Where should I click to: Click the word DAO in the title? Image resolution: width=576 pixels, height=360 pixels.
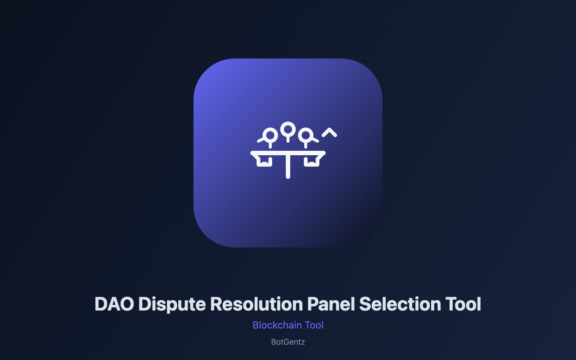(114, 304)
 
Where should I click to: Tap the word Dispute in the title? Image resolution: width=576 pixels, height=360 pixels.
(172, 305)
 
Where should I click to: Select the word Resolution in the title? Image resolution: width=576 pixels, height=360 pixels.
(256, 304)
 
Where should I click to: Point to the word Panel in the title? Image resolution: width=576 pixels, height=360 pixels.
(331, 304)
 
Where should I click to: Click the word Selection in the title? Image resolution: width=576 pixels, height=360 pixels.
(400, 304)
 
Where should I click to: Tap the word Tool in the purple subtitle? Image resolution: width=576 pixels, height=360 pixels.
(314, 325)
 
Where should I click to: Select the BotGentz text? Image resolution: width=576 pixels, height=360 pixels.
(288, 342)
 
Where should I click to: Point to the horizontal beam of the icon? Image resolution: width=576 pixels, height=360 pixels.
(288, 153)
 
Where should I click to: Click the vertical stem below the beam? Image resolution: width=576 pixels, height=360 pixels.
(288, 166)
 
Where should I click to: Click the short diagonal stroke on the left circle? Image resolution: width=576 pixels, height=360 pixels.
(261, 140)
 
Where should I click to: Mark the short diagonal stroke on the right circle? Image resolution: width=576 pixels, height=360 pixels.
(315, 140)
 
